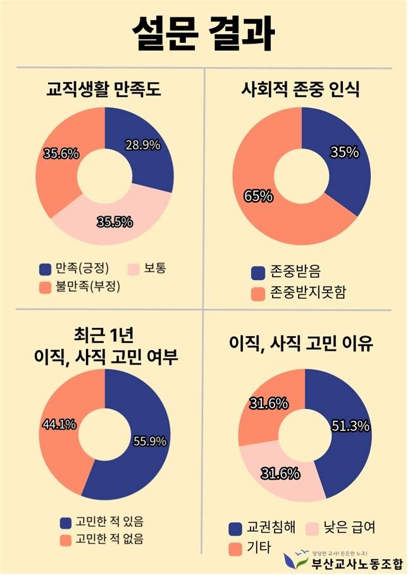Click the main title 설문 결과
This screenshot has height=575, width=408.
[x=203, y=33]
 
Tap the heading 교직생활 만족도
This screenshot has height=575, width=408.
[x=104, y=89]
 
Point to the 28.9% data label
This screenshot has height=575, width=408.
[x=142, y=145]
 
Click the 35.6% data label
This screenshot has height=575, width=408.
[x=61, y=154]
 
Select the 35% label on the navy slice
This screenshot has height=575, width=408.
[x=345, y=152]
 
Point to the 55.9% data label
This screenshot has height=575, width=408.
[x=149, y=441]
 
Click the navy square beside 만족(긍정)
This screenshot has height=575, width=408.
[x=44, y=269]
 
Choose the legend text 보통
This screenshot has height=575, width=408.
[x=154, y=268]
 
